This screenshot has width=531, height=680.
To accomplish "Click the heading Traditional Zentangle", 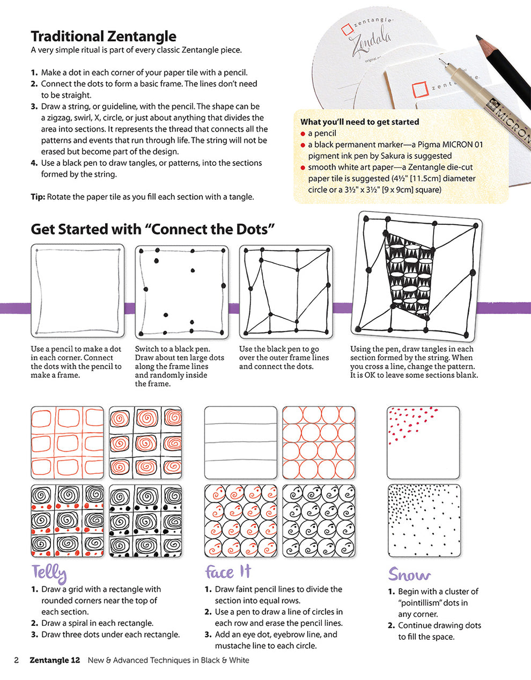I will coord(103,36).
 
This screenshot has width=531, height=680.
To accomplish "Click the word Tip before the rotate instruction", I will coord(38,197).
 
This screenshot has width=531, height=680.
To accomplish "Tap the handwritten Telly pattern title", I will coord(49,574).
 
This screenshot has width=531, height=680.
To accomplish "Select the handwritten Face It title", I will coord(227,572).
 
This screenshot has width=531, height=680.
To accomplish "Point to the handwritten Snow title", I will coord(409,575).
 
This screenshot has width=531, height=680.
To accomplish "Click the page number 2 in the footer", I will coord(16,660).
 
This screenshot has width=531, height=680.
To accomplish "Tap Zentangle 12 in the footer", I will coord(55,660).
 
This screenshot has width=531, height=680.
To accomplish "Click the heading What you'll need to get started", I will coord(359,122).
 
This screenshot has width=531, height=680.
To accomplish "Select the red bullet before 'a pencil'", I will coord(303,134).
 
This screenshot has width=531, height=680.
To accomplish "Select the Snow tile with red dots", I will coord(423,442).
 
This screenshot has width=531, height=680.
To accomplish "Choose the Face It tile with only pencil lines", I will coord(240,442).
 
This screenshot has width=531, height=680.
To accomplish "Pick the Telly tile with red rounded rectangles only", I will coord(67,442).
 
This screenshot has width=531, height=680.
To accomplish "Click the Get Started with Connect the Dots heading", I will coord(153,229).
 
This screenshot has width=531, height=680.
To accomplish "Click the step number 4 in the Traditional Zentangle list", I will coord(34,163).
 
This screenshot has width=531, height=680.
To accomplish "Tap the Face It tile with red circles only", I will coord(319,442).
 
